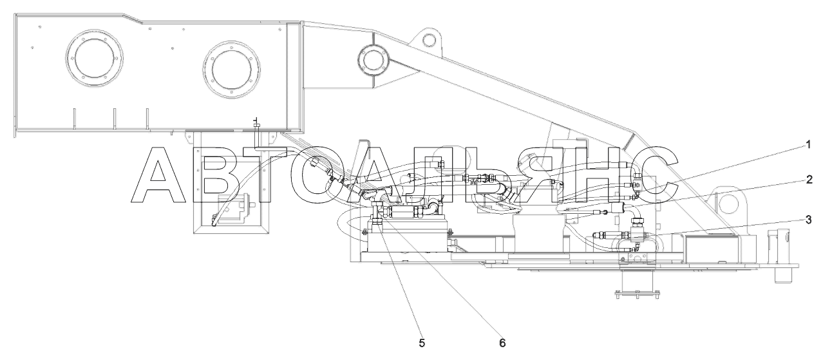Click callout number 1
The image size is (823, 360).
coord(808,145)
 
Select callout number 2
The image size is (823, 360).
coord(809,180)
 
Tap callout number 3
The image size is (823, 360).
coord(808,220)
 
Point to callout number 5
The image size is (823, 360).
coord(422,343)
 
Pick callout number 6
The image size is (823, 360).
coord(502,343)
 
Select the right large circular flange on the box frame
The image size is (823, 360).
coord(231,71)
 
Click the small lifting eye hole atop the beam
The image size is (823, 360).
coord(428,38)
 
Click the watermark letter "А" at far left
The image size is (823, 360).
coord(158,175)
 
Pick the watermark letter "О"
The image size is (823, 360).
coord(327,175)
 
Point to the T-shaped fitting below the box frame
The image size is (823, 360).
coord(256,123)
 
